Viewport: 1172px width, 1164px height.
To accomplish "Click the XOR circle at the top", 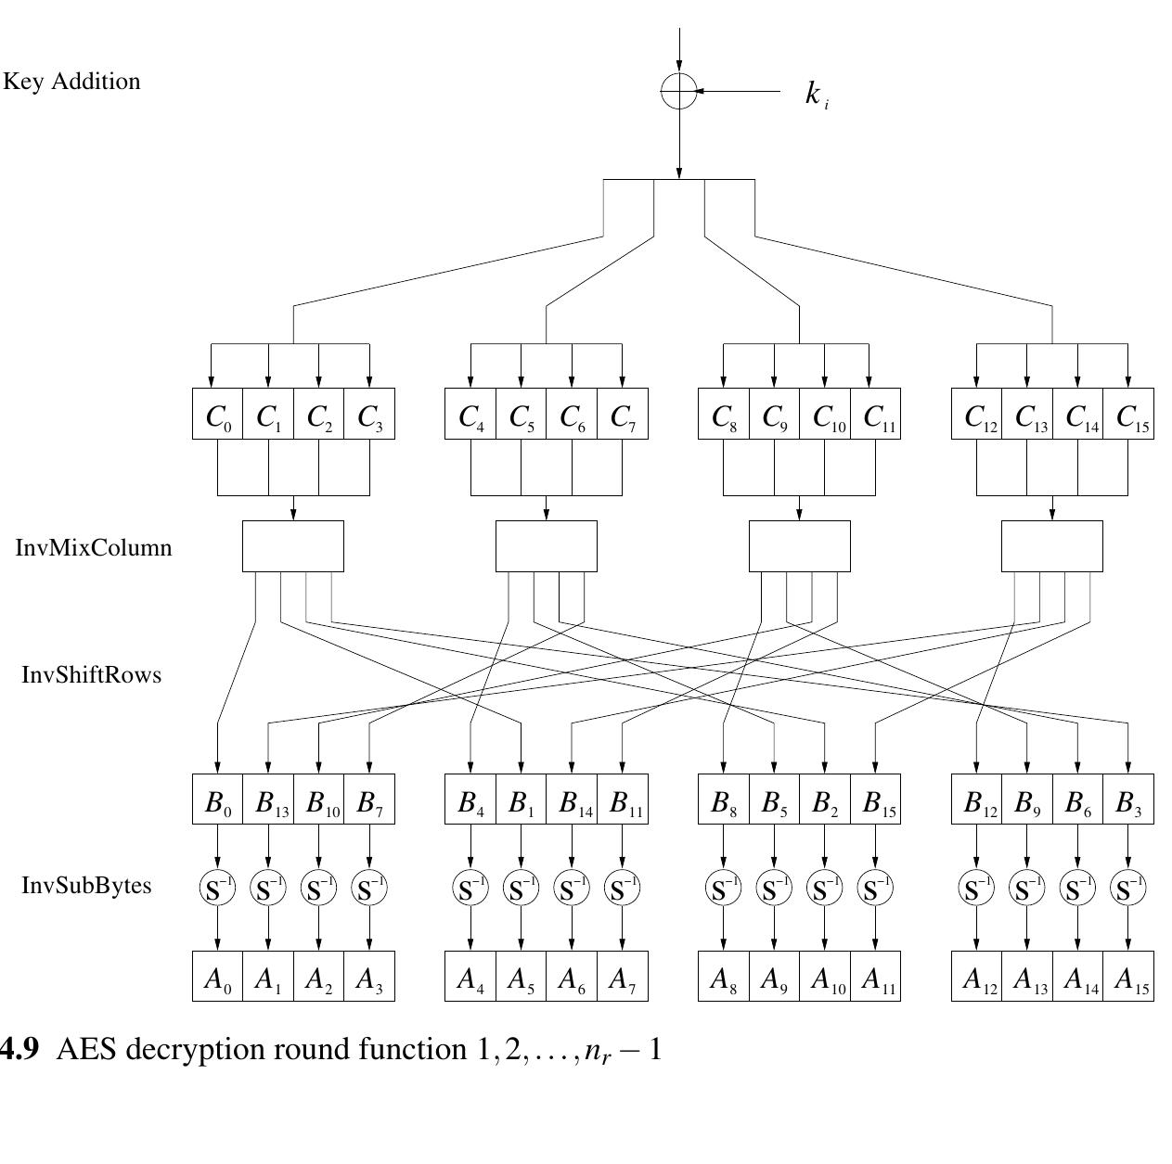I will click(678, 91).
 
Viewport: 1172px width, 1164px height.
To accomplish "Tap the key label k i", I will click(816, 94).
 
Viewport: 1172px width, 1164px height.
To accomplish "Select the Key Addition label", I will click(71, 82).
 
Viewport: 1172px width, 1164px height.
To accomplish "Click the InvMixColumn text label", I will click(94, 547).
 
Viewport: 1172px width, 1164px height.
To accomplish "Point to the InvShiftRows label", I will click(91, 674).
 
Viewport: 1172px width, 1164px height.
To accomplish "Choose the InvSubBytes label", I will click(86, 885).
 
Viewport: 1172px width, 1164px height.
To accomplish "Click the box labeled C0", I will click(218, 415).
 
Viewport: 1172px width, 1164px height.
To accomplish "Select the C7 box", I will click(623, 415).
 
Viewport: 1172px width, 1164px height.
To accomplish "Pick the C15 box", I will click(1129, 415).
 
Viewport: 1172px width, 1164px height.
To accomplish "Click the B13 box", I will click(269, 799).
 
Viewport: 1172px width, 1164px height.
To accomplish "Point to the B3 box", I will click(1129, 799).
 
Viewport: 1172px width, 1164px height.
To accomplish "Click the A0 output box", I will click(218, 977).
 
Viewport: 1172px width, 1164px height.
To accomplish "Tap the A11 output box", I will click(876, 977).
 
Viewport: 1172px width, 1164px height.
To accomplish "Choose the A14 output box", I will click(1078, 977).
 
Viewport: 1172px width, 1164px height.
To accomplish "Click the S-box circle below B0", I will click(218, 889).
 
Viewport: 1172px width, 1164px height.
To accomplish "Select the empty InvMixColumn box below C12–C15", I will click(1052, 546).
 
